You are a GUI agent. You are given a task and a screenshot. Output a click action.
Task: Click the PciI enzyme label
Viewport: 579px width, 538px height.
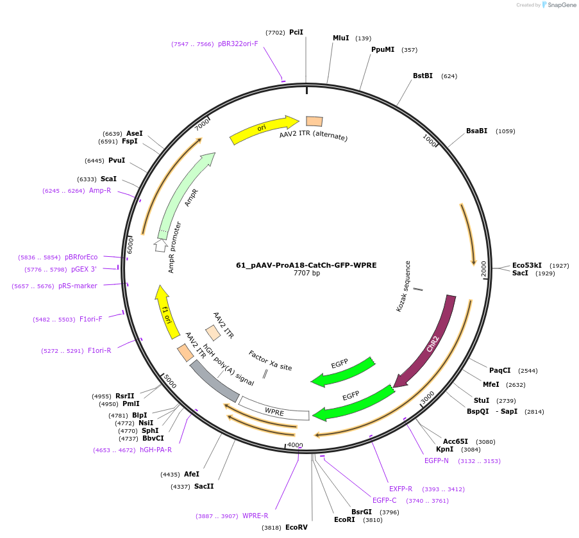(296, 32)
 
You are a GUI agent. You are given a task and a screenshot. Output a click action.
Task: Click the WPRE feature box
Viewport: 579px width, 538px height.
(274, 411)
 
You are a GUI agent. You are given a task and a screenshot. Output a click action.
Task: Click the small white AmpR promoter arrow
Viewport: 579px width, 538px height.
(160, 245)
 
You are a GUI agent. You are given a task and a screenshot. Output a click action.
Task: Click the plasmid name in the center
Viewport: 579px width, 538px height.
(306, 265)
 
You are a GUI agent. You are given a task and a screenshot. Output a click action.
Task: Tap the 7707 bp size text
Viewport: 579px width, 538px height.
(306, 273)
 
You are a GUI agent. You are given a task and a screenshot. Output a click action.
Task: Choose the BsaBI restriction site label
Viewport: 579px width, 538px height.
(476, 131)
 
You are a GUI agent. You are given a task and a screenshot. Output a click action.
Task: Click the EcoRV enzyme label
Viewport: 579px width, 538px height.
(296, 527)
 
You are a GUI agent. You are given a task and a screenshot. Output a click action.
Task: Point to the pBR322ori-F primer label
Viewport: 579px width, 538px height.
(238, 44)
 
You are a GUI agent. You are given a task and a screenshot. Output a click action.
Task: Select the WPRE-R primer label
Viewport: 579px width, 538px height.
(255, 516)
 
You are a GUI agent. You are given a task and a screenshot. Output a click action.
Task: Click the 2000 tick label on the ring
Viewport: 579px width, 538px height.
(485, 269)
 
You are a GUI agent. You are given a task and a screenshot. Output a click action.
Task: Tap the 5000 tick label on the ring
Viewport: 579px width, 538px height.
(169, 381)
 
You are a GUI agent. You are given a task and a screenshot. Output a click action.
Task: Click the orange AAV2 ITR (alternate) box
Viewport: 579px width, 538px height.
(314, 121)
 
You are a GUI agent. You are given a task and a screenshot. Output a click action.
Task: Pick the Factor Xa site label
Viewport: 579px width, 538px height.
(270, 360)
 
